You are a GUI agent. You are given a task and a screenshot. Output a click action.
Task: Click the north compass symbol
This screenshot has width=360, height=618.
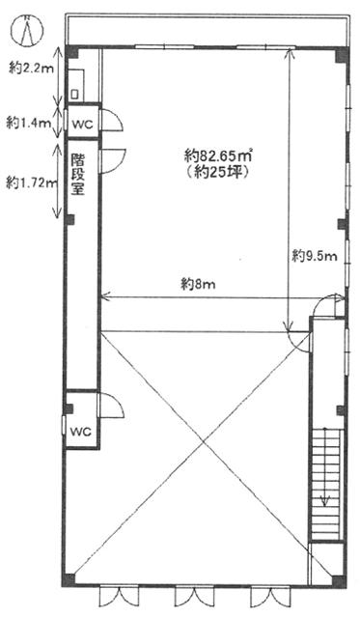pyautogui.click(x=27, y=30)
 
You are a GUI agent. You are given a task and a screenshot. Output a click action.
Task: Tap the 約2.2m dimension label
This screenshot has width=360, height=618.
pyautogui.click(x=31, y=69)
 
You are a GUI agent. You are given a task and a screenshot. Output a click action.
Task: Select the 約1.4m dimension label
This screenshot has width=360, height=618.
pyautogui.click(x=29, y=123)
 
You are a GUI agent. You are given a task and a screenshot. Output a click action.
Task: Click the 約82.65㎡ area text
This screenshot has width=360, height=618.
pyautogui.click(x=218, y=155)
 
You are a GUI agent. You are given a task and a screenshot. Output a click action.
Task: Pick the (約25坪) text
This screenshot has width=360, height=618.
pyautogui.click(x=217, y=173)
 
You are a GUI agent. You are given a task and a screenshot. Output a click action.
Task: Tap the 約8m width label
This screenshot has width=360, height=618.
pyautogui.click(x=198, y=284)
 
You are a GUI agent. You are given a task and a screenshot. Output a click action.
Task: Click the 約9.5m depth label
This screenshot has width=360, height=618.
pyautogui.click(x=315, y=256)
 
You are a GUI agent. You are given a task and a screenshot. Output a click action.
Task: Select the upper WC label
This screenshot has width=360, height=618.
pyautogui.click(x=82, y=125)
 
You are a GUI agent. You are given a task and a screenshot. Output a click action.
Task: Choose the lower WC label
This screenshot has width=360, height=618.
pyautogui.click(x=81, y=432)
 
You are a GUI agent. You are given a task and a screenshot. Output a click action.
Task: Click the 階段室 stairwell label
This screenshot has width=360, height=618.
pyautogui.click(x=78, y=174)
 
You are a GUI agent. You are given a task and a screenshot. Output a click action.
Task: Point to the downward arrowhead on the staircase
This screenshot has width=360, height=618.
pyautogui.click(x=325, y=501)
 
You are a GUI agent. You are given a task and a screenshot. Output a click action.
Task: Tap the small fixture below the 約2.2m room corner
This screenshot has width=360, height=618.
pyautogui.click(x=75, y=95)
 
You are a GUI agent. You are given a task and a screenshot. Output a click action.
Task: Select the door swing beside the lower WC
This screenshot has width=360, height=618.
pyautogui.click(x=112, y=405)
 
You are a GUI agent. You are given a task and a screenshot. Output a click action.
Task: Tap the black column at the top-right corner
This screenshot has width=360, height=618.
pyautogui.click(x=342, y=55)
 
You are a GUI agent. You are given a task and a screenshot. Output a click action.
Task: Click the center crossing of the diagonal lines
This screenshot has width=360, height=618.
pyautogui.click(x=204, y=443)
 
